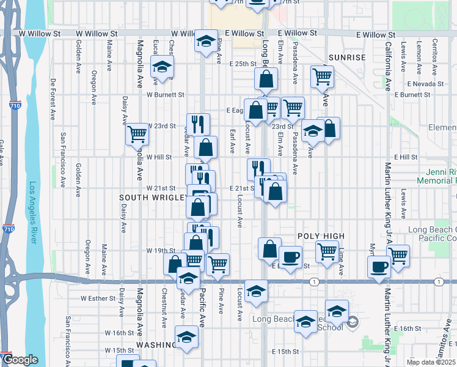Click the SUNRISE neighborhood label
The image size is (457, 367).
click(346, 57)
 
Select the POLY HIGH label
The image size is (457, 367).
click(321, 236)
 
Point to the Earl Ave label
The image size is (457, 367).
click(232, 141)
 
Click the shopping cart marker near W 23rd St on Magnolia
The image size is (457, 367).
click(137, 133)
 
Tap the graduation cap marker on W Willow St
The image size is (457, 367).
click(206, 41)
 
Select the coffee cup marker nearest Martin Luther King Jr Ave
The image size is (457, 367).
click(379, 267)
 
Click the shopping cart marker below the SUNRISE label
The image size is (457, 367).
click(321, 76)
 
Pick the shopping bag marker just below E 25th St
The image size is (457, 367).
click(266, 79)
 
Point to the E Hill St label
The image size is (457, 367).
click(405, 157)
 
